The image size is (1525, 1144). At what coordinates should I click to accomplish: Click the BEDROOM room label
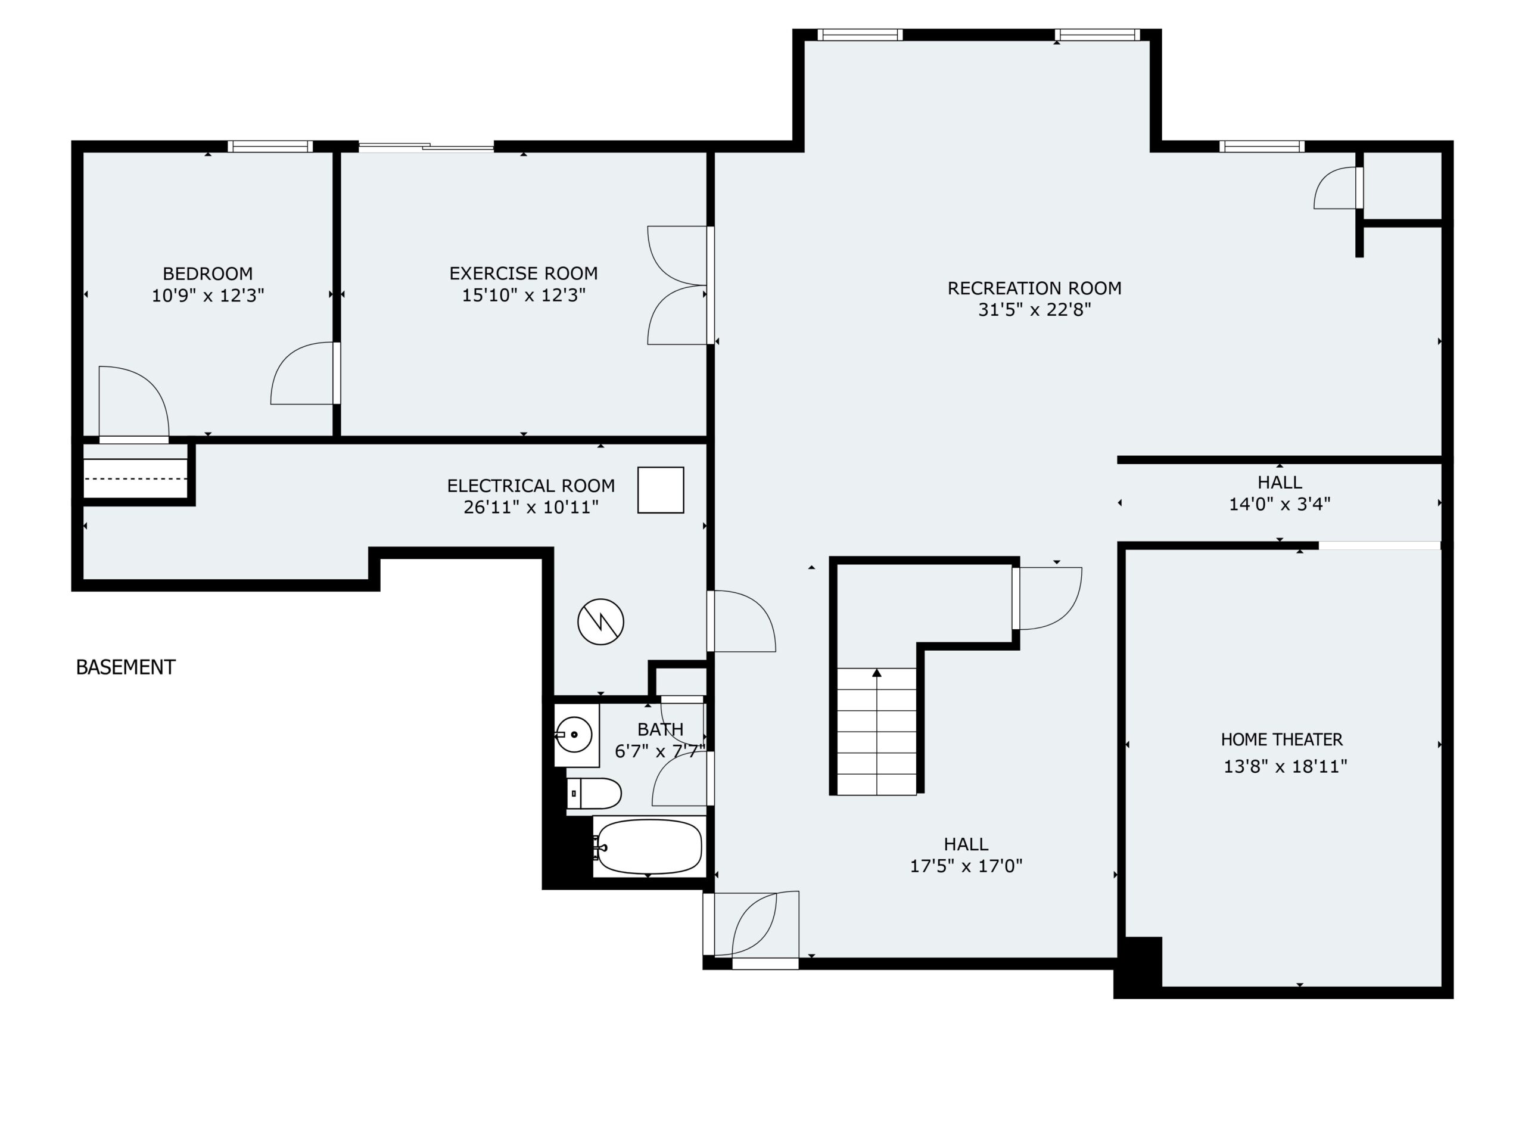click(207, 273)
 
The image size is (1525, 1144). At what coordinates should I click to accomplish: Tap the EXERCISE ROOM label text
click(523, 273)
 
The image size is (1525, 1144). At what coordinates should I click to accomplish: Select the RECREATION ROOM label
click(1034, 288)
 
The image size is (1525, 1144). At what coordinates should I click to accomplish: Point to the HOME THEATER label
click(1281, 739)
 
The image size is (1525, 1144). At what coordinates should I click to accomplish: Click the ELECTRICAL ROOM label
click(531, 486)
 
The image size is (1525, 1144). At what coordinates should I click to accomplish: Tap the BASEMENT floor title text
click(126, 667)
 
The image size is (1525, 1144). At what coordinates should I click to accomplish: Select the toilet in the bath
click(595, 794)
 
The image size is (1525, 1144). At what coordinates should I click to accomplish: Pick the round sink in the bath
click(574, 735)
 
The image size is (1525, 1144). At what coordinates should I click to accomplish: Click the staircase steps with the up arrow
click(876, 731)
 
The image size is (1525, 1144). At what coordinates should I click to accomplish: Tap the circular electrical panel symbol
click(600, 621)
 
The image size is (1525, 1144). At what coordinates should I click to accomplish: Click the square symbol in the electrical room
click(661, 490)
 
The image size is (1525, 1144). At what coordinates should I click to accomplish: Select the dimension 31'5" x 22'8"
click(1034, 310)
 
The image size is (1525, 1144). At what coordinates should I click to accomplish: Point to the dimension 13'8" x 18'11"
click(1285, 766)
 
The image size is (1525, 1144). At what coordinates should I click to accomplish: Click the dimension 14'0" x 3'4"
click(1280, 504)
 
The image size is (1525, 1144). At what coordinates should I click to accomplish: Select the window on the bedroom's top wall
click(270, 146)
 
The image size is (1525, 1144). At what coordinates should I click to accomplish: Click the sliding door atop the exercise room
click(426, 146)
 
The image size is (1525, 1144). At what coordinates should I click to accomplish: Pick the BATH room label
click(661, 729)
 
